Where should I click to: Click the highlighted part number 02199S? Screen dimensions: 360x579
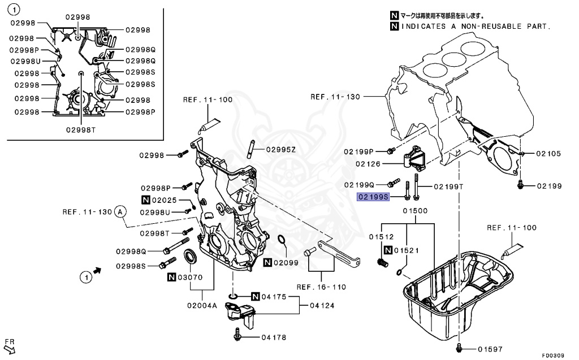coord(373,197)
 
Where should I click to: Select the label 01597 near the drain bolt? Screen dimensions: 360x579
coord(490,349)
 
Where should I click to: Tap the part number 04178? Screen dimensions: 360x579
coord(274,337)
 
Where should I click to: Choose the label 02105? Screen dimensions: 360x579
coord(548,153)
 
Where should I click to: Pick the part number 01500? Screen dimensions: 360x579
coord(415,211)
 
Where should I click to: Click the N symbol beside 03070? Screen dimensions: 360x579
coord(171,277)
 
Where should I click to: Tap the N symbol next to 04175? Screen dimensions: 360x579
coord(254,297)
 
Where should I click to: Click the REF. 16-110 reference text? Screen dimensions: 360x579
coord(321,287)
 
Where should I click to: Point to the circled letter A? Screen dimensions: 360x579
coord(120,212)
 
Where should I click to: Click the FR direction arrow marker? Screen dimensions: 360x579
coord(9,346)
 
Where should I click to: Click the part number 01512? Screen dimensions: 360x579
coord(381,237)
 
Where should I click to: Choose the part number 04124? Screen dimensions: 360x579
coord(321,306)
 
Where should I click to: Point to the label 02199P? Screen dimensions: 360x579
coord(359,151)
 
